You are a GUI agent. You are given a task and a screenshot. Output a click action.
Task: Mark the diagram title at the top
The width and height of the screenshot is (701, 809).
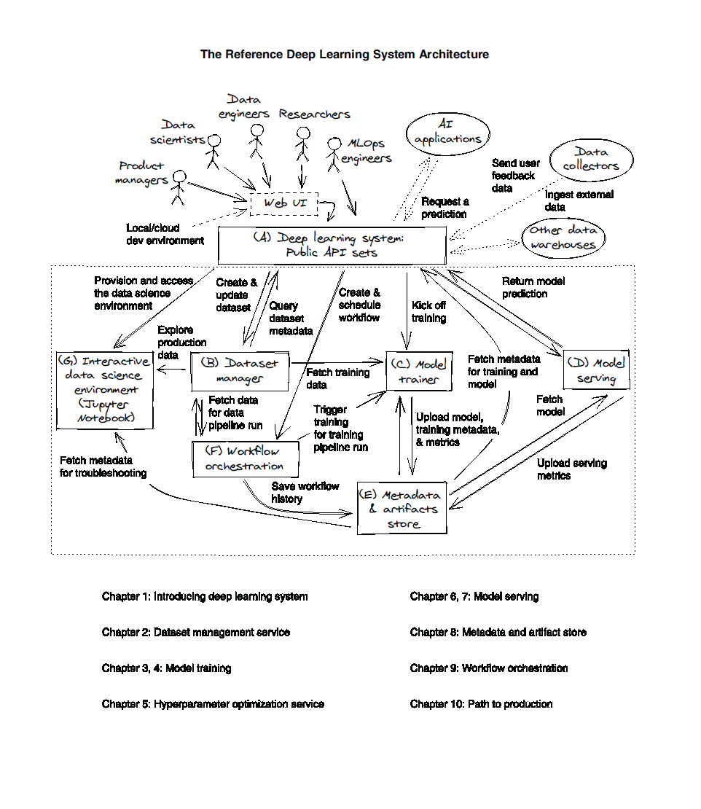point(345,54)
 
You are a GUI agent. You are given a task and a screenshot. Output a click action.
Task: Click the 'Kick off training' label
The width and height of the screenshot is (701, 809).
point(428,312)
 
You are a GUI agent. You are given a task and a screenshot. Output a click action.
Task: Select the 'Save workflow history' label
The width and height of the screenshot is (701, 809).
point(305,492)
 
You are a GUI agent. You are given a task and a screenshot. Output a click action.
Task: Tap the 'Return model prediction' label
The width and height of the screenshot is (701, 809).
point(533,287)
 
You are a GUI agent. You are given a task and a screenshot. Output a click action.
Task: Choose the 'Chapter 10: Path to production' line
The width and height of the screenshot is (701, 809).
point(481,704)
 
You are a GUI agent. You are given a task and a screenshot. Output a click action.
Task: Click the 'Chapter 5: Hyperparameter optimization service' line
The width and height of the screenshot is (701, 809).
point(213,704)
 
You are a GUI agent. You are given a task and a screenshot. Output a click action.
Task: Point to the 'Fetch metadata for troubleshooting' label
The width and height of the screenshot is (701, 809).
point(103,466)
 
